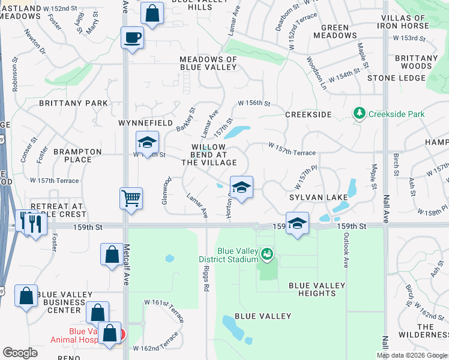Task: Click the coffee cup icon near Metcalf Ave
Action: coord(132,38)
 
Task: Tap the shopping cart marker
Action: coord(131,197)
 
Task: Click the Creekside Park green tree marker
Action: coord(360,113)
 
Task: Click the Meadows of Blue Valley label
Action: coord(209,63)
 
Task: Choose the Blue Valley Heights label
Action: coord(312,289)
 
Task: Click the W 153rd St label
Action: coord(410,38)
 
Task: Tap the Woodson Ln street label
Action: coord(316,73)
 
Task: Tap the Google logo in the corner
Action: coord(20,353)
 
